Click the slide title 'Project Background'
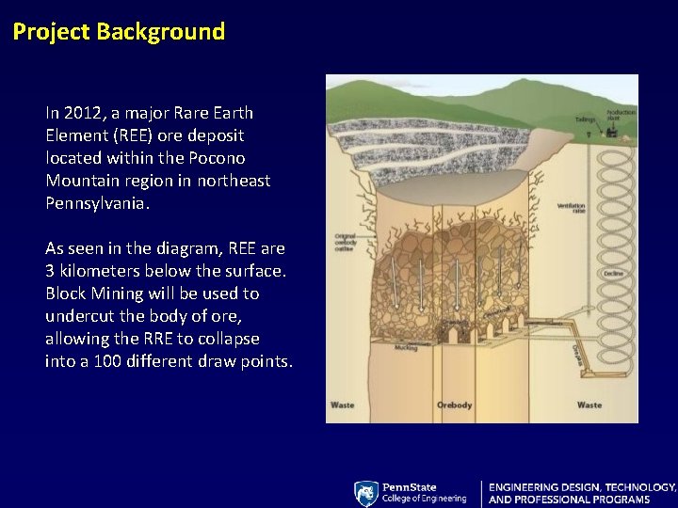(x=119, y=32)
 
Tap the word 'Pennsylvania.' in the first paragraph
(x=97, y=203)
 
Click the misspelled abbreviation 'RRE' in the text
(x=163, y=339)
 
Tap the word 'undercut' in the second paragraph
(x=78, y=316)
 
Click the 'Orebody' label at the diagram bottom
(x=454, y=405)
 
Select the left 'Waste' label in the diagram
(x=342, y=405)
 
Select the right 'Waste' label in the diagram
(x=589, y=405)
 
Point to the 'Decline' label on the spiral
(x=613, y=274)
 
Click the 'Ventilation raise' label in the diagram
(x=571, y=208)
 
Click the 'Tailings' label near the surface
(x=586, y=119)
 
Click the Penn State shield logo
(x=365, y=493)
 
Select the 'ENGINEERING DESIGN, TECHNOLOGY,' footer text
(x=582, y=487)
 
